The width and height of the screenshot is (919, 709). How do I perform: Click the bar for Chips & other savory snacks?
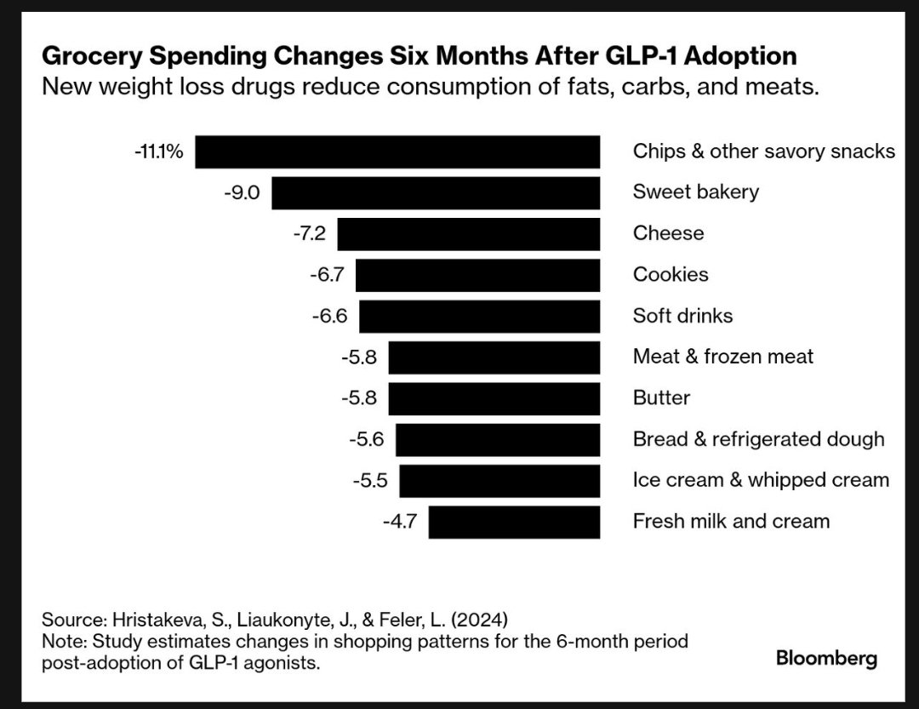(397, 152)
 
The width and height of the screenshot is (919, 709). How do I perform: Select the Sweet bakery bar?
(436, 192)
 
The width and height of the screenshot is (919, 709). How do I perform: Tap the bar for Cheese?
(468, 233)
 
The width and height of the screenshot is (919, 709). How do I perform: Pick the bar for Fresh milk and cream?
(514, 522)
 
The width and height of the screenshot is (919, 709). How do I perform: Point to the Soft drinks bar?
(479, 316)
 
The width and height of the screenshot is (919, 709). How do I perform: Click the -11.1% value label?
(158, 152)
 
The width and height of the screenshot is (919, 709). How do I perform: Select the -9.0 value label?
(242, 192)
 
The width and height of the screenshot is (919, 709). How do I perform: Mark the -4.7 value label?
(399, 521)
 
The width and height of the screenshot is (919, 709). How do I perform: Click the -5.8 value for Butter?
(358, 398)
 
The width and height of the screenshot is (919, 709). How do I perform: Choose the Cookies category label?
(671, 274)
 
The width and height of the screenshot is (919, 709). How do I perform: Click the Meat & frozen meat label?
(722, 357)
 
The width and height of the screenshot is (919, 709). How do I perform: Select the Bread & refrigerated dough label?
(758, 439)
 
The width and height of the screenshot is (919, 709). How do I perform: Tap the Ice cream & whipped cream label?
(761, 480)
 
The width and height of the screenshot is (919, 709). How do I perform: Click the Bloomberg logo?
(825, 658)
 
